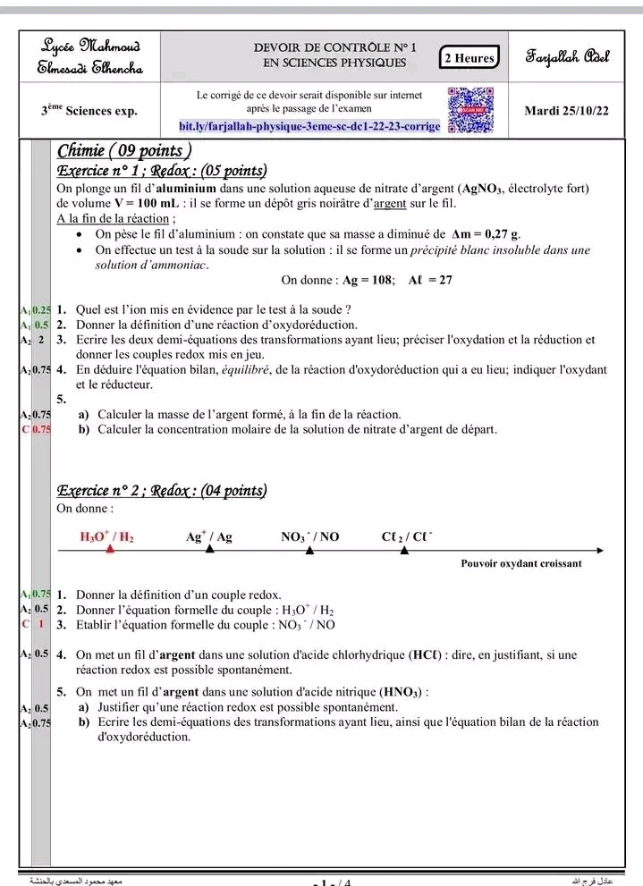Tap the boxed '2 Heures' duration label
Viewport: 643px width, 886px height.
pyautogui.click(x=470, y=58)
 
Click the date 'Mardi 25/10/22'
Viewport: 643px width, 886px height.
pyautogui.click(x=567, y=111)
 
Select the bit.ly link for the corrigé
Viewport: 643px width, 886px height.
pyautogui.click(x=309, y=127)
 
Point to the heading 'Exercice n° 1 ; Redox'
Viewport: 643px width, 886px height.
pyautogui.click(x=162, y=171)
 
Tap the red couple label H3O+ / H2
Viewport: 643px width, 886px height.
pyautogui.click(x=107, y=536)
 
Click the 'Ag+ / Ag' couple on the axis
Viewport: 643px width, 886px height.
pyautogui.click(x=209, y=536)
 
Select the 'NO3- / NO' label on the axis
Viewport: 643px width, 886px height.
pyautogui.click(x=309, y=536)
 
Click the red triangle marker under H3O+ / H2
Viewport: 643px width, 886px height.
pyautogui.click(x=111, y=548)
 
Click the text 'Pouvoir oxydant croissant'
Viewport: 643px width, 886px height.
pyautogui.click(x=520, y=563)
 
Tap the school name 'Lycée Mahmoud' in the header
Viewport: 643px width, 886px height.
pyautogui.click(x=90, y=44)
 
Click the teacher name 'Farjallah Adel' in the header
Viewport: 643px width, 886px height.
pyautogui.click(x=567, y=58)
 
